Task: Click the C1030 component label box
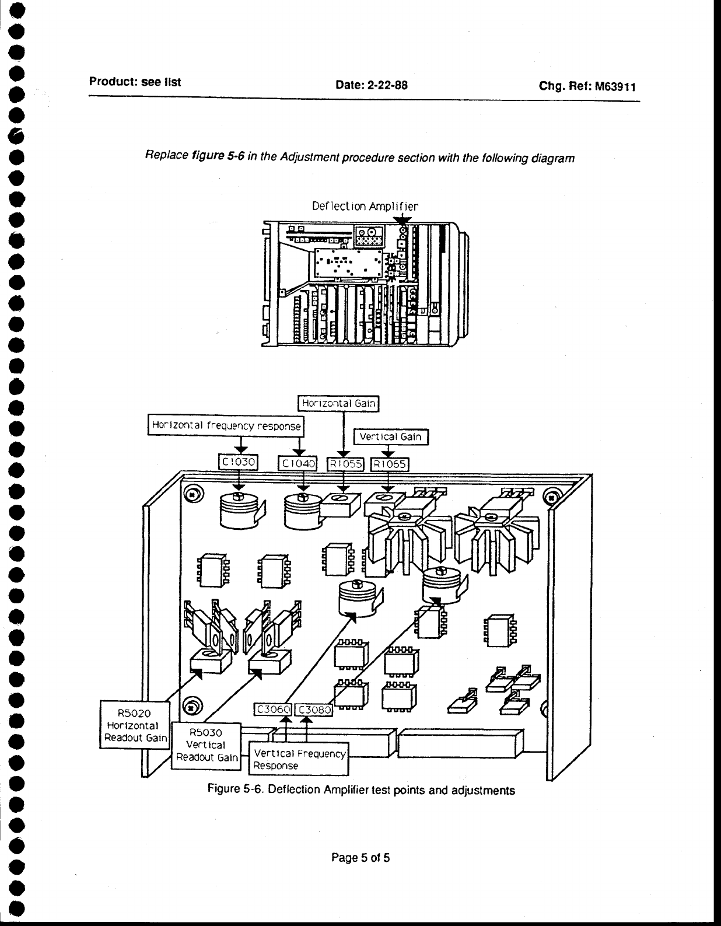tap(237, 463)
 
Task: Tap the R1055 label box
tap(345, 464)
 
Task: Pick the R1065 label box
tap(390, 464)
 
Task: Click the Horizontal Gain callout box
tap(338, 403)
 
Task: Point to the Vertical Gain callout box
tap(391, 436)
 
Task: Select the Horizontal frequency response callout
tap(226, 425)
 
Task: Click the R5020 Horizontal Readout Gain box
tap(135, 725)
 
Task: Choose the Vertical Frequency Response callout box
tap(299, 759)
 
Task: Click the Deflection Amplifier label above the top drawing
tap(365, 206)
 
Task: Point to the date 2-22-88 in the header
tap(371, 85)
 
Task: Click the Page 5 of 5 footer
tap(360, 857)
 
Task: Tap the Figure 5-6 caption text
tap(361, 790)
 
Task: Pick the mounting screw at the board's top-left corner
tap(191, 495)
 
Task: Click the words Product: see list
tap(135, 82)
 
